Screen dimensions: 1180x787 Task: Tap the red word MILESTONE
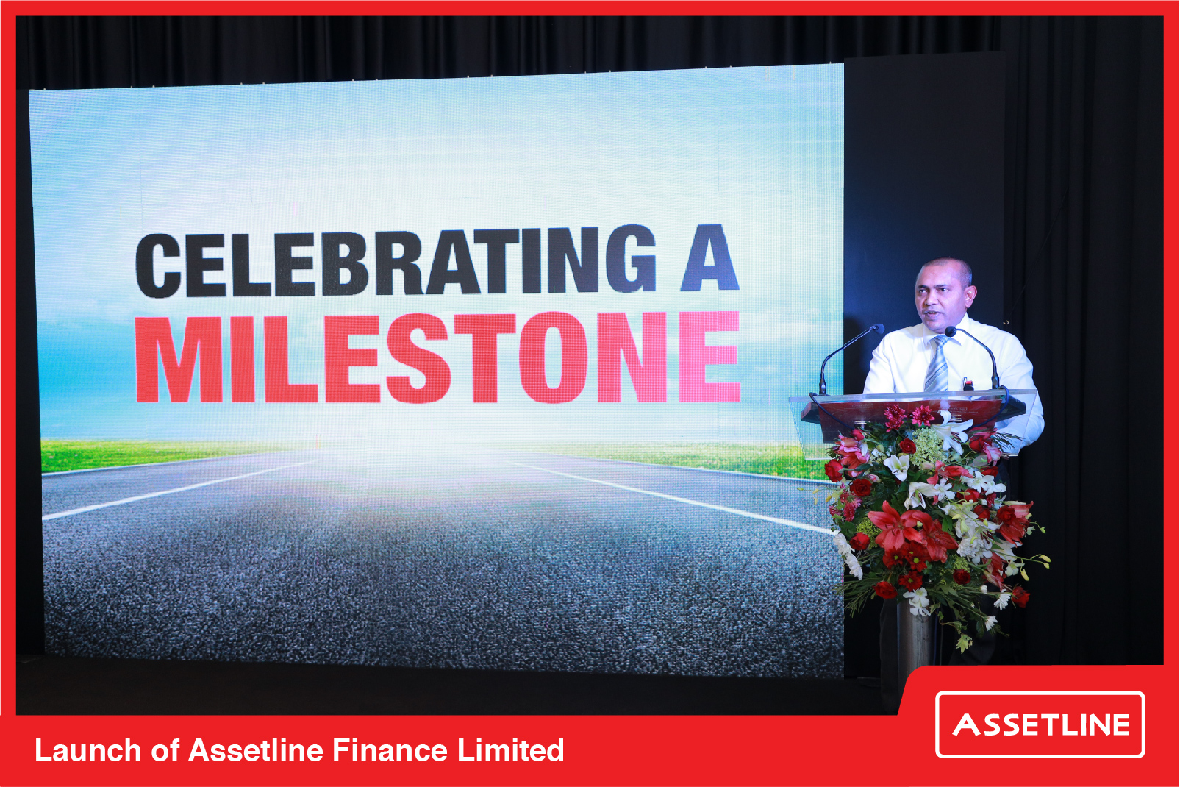(x=437, y=358)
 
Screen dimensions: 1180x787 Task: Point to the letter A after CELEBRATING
(x=709, y=257)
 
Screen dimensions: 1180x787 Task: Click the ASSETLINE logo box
(x=1040, y=724)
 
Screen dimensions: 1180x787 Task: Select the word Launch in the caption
(x=88, y=749)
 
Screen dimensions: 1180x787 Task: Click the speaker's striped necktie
(x=938, y=364)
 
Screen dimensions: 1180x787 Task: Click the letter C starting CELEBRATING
(x=157, y=266)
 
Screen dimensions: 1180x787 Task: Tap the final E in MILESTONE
(x=710, y=357)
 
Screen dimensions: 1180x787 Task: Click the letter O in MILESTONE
(x=553, y=358)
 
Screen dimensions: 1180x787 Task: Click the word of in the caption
(x=165, y=749)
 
